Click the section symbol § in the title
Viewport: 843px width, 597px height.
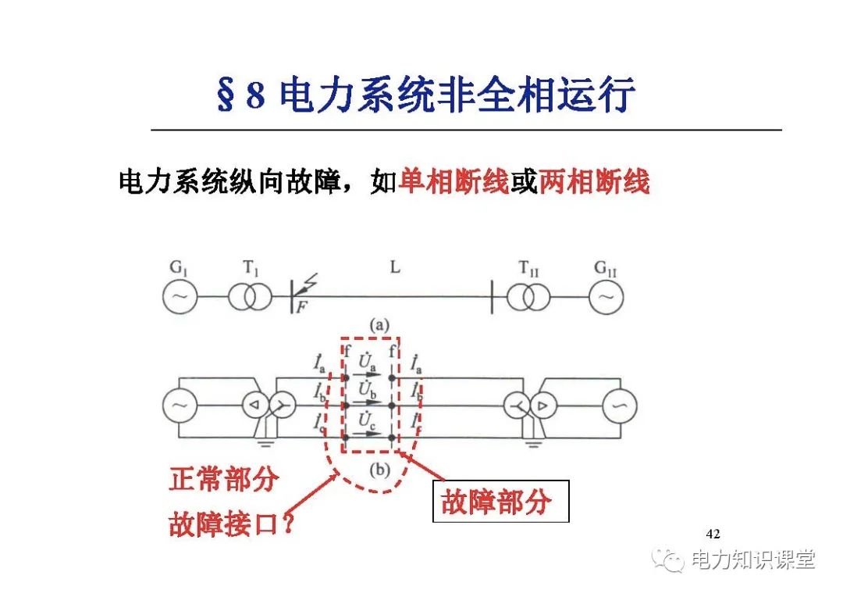point(226,96)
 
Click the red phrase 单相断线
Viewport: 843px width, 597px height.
point(454,183)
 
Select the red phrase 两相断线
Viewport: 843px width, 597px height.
point(594,183)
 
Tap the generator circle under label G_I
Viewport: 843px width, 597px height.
point(180,297)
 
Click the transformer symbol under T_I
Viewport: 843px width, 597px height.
point(250,297)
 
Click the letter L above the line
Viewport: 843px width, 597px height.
point(395,268)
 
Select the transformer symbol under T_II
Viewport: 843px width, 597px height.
point(528,297)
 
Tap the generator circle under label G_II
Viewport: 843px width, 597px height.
point(606,297)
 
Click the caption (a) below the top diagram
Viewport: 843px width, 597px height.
point(382,324)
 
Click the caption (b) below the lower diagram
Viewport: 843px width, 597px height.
point(378,470)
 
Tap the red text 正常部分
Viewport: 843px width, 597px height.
point(223,479)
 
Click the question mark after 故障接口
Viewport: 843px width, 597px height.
point(289,524)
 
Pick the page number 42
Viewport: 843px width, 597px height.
point(712,534)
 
